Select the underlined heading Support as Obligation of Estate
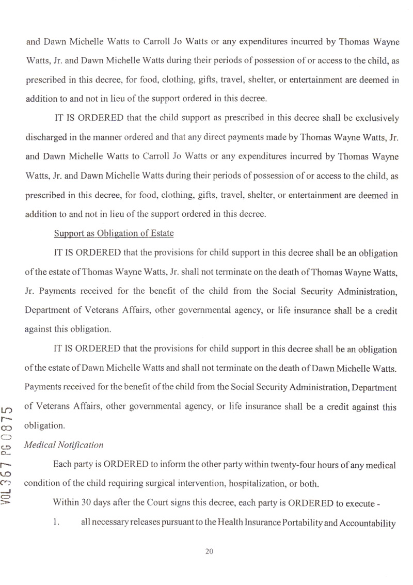coord(113,233)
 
